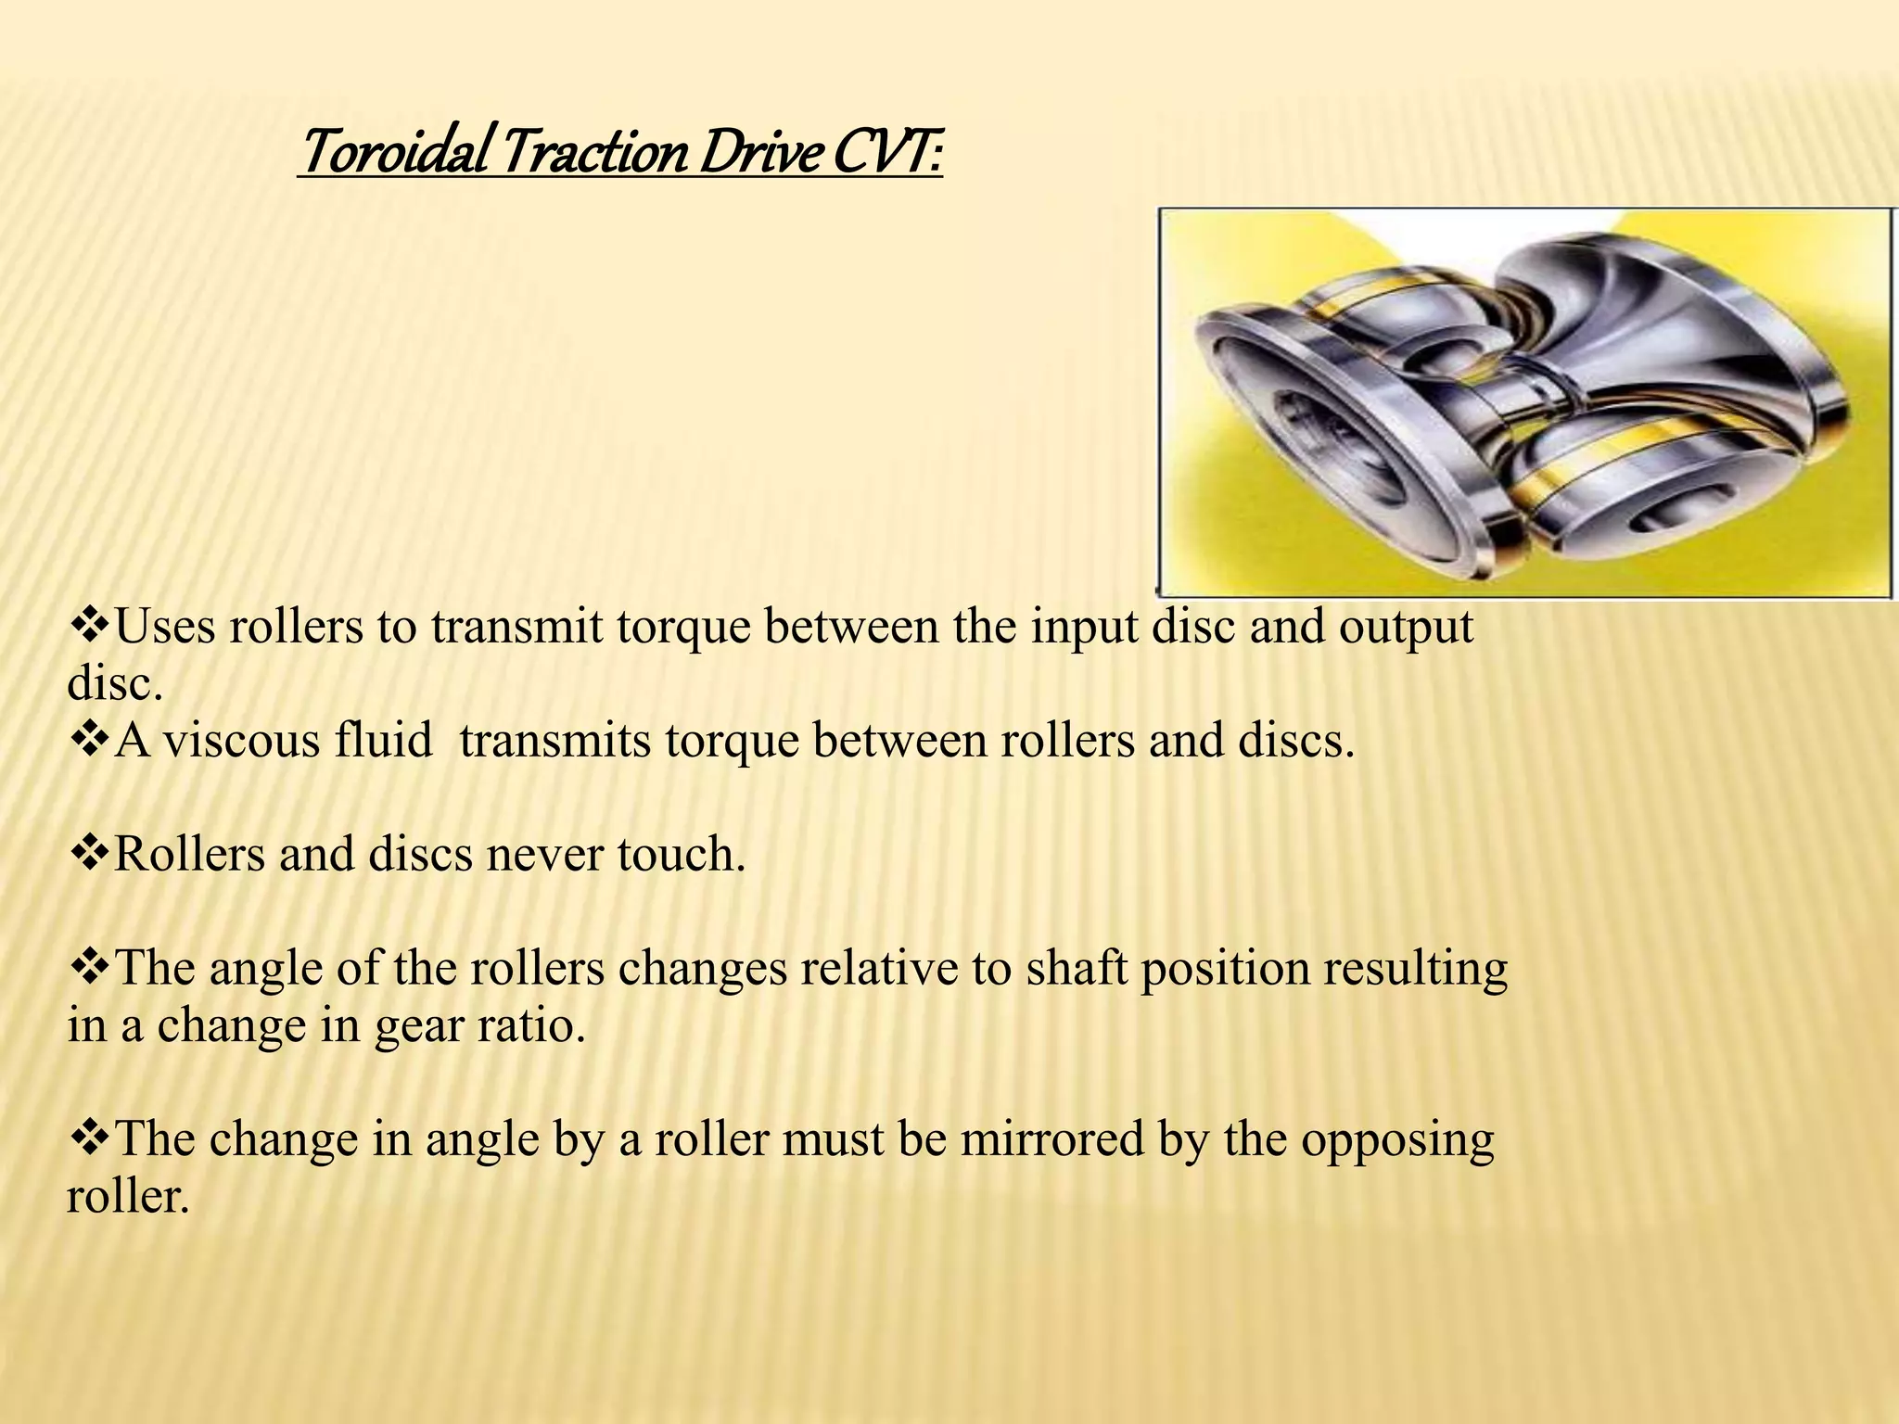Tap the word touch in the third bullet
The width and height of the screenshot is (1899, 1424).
682,854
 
